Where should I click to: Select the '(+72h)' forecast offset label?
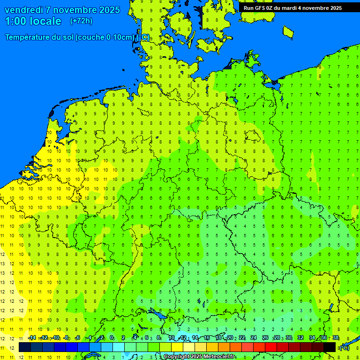[81, 21]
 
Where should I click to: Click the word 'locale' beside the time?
[46, 21]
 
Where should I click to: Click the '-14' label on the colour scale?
[31, 338]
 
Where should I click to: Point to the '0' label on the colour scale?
[112, 338]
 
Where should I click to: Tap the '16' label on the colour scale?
[207, 338]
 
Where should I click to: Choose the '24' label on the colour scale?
[254, 338]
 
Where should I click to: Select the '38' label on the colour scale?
[336, 338]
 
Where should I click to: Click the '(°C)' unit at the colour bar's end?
[345, 348]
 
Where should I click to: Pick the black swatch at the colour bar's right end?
[330, 347]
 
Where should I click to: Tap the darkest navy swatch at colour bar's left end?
[25, 347]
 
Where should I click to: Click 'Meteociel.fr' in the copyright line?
[218, 357]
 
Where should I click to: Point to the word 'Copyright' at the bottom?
[176, 357]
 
